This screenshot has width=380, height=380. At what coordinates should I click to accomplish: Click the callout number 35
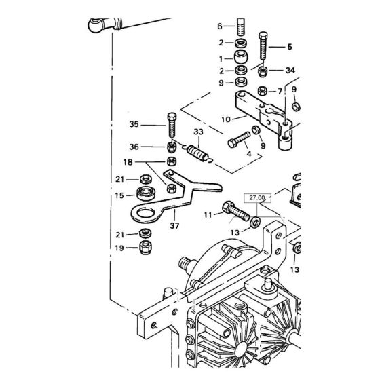point(134,124)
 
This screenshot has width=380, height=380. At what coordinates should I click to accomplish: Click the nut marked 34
point(265,70)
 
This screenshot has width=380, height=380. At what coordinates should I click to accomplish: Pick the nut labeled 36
point(172,146)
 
